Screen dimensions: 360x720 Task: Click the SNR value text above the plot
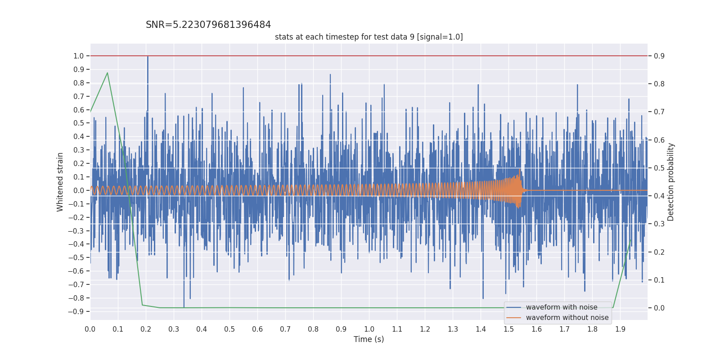[x=208, y=25]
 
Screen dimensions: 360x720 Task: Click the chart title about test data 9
[x=369, y=37]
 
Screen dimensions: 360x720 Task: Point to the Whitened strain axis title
[x=60, y=182]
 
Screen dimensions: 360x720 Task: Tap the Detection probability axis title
[x=670, y=182]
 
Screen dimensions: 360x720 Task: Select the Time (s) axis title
[x=369, y=339]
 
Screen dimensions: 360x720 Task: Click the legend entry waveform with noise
[x=561, y=307]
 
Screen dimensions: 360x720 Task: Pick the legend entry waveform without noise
[x=567, y=318]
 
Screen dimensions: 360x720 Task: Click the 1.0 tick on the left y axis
[x=79, y=56]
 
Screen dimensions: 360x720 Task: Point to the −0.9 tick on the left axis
[x=76, y=311]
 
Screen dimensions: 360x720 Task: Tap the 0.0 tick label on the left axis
[x=79, y=190]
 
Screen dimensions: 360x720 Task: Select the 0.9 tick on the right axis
[x=659, y=56]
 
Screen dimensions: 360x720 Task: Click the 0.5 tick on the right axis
[x=659, y=168]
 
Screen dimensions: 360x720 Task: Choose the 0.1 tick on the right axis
[x=659, y=280]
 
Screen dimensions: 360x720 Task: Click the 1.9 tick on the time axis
[x=620, y=329]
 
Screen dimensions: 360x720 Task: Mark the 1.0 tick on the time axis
[x=369, y=329]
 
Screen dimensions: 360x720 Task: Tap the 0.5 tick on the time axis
[x=229, y=329]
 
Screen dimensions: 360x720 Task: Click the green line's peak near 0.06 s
[x=107, y=73]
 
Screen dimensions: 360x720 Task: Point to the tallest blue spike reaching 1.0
[x=148, y=57]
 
